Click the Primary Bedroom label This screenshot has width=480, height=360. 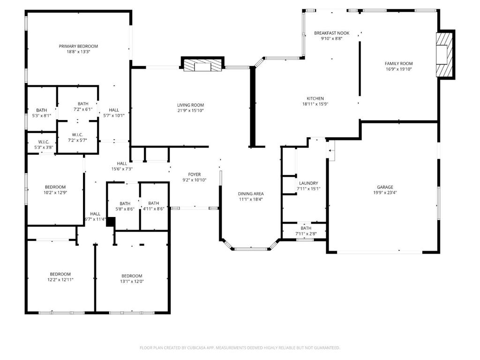78,46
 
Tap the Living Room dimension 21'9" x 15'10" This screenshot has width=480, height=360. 190,111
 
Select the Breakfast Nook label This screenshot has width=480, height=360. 331,33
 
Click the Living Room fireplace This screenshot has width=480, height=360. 202,65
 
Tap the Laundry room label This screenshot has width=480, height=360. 308,183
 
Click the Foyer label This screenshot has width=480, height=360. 195,174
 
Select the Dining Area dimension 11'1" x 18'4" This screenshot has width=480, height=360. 251,199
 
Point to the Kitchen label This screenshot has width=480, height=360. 315,98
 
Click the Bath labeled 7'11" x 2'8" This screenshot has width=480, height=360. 306,228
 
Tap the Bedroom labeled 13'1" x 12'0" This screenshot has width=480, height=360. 132,276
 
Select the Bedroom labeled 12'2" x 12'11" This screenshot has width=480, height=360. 60,274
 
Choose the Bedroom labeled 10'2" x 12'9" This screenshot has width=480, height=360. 55,187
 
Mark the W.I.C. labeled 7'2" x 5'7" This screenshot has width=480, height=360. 77,135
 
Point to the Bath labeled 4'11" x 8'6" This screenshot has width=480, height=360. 154,203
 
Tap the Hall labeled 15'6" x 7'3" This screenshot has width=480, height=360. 122,163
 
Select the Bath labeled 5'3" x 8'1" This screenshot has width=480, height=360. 41,110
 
